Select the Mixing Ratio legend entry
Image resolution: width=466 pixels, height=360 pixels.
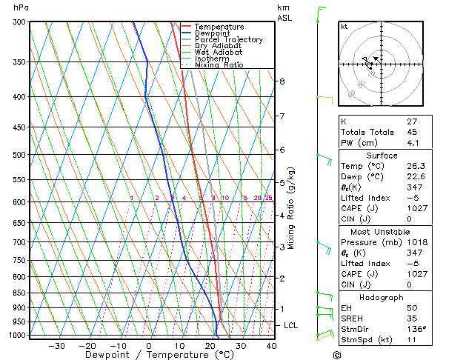click(219, 65)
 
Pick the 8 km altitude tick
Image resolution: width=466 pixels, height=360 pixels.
click(282, 81)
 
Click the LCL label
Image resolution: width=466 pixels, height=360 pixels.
click(291, 325)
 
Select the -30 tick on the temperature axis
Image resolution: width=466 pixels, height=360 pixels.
click(56, 346)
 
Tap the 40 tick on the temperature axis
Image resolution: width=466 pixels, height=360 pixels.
click(271, 346)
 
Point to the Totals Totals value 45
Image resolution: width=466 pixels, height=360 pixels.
click(412, 133)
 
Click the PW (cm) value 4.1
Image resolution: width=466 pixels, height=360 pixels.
click(413, 144)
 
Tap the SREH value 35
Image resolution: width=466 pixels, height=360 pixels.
click(412, 319)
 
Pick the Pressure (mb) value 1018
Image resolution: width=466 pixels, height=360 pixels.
click(416, 242)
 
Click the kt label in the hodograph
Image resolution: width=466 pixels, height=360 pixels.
click(344, 27)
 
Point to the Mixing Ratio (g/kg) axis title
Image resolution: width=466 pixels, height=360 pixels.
click(291, 208)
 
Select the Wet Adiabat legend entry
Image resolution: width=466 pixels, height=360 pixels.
click(219, 52)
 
